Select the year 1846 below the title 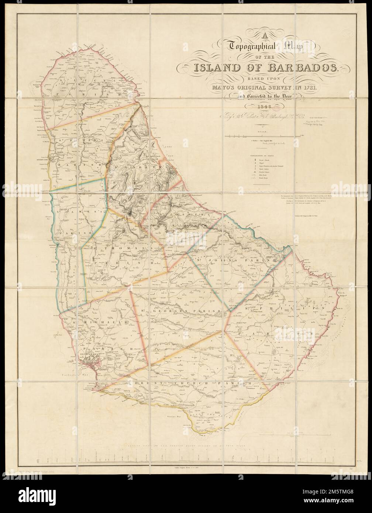(x=259, y=107)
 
